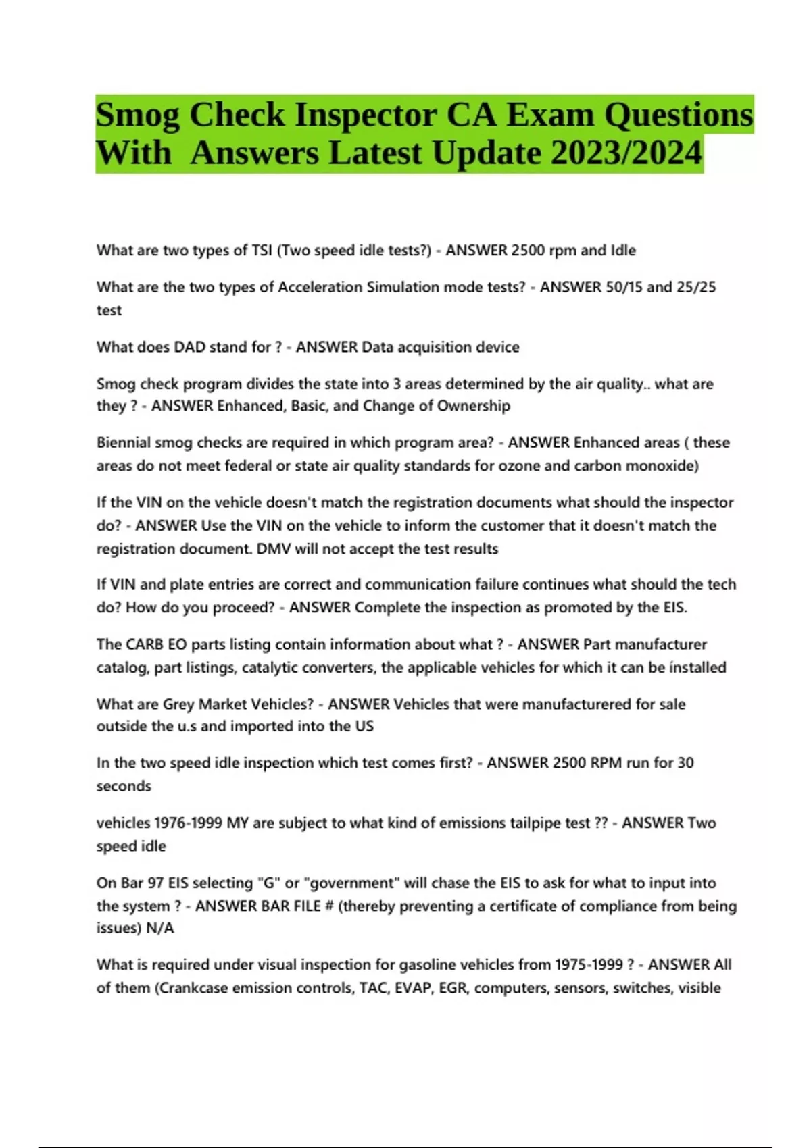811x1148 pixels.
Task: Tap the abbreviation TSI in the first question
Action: coord(261,251)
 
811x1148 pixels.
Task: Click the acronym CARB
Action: coord(147,644)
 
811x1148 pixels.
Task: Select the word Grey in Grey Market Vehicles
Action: coord(178,704)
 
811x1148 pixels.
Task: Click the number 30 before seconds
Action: coord(685,763)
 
